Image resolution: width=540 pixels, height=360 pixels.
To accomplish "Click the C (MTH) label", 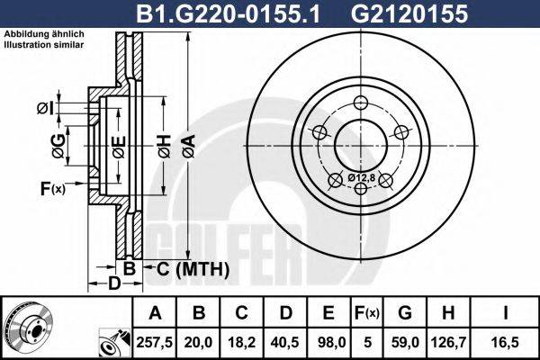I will (x=187, y=269).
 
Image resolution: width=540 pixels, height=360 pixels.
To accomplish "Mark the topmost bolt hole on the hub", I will (x=363, y=103).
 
